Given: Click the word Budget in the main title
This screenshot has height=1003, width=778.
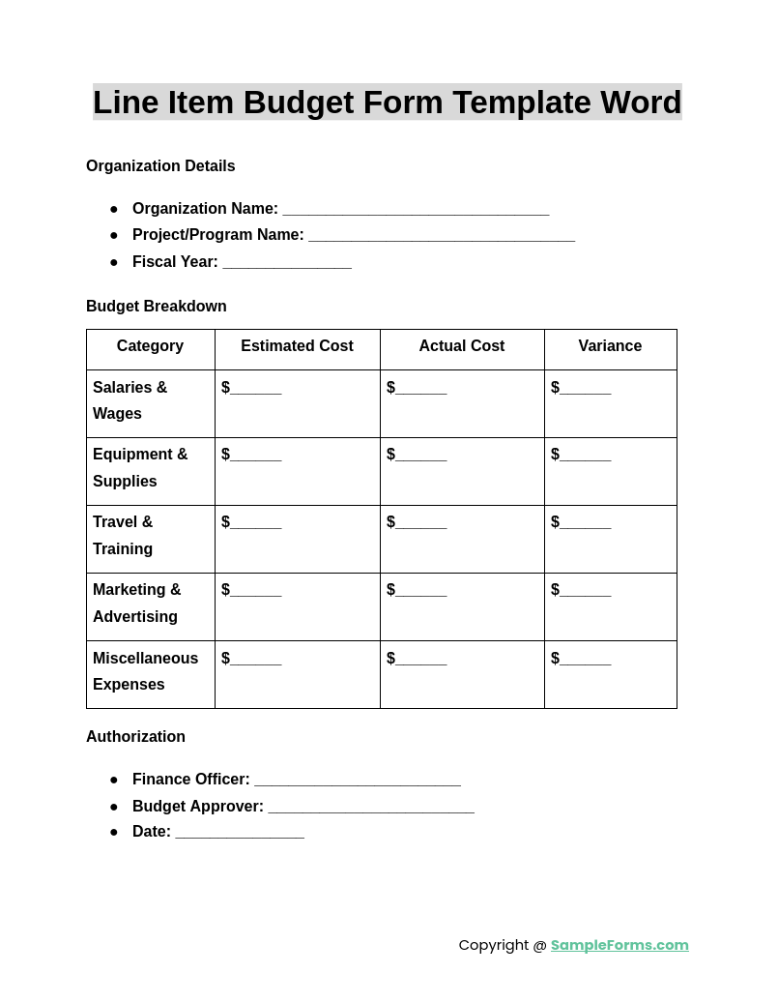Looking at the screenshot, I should click(294, 103).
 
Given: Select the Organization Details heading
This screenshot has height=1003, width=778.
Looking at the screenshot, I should click(160, 166).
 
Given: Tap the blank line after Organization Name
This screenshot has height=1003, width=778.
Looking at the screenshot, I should click(416, 210).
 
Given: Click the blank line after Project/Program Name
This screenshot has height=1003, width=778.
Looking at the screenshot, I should click(442, 236).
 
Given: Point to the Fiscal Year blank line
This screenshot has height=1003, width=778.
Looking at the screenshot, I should click(287, 263).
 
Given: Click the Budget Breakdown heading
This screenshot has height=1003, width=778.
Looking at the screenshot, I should click(157, 307).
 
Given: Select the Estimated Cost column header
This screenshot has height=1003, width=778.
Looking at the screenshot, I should click(297, 346).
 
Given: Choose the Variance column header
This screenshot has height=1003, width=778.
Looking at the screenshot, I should click(610, 346).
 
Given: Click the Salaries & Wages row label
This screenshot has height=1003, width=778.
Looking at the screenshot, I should click(130, 400).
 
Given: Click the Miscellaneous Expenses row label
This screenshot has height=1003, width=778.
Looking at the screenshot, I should click(145, 671).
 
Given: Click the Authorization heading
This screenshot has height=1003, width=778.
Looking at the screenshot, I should click(135, 737).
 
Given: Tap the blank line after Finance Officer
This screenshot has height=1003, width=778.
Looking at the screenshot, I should click(358, 781).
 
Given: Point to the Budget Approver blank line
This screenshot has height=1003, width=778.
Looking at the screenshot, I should click(371, 808).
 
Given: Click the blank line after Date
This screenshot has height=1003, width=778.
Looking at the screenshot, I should click(240, 833).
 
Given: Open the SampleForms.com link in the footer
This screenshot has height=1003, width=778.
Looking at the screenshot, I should click(620, 945).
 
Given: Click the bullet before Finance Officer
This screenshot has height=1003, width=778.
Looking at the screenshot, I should click(114, 780).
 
